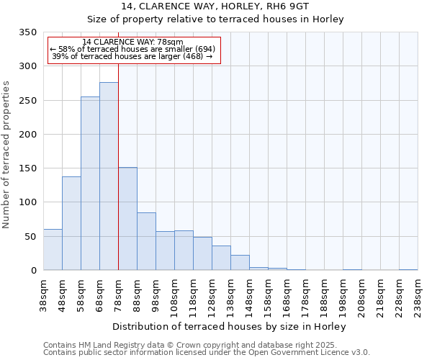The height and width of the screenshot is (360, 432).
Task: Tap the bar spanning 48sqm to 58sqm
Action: [71, 223]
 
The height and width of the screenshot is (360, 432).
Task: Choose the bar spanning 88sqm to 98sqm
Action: [146, 241]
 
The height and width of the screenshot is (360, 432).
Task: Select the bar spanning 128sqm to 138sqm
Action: [221, 258]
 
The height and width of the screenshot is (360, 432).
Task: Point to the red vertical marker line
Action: [118, 144]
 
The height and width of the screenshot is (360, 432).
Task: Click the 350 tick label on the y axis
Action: [27, 32]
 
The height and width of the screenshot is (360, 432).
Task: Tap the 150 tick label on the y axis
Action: [27, 168]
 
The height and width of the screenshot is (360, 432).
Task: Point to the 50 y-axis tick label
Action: [30, 236]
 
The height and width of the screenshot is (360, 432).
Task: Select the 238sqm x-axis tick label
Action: [418, 296]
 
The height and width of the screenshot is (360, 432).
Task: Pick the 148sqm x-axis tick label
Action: [249, 296]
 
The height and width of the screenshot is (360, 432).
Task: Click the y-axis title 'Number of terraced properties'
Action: [7, 155]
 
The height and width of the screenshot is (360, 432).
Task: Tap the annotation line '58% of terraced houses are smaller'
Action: [133, 49]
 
